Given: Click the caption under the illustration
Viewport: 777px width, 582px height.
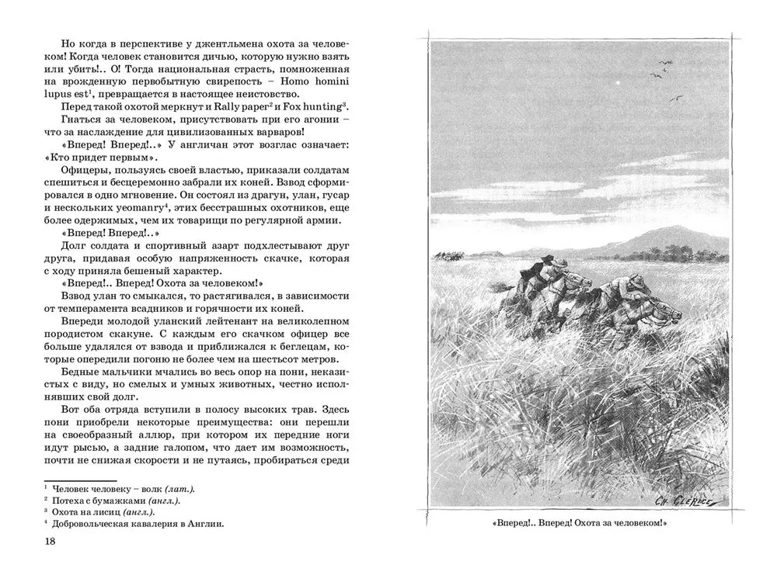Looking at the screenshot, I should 580,524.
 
